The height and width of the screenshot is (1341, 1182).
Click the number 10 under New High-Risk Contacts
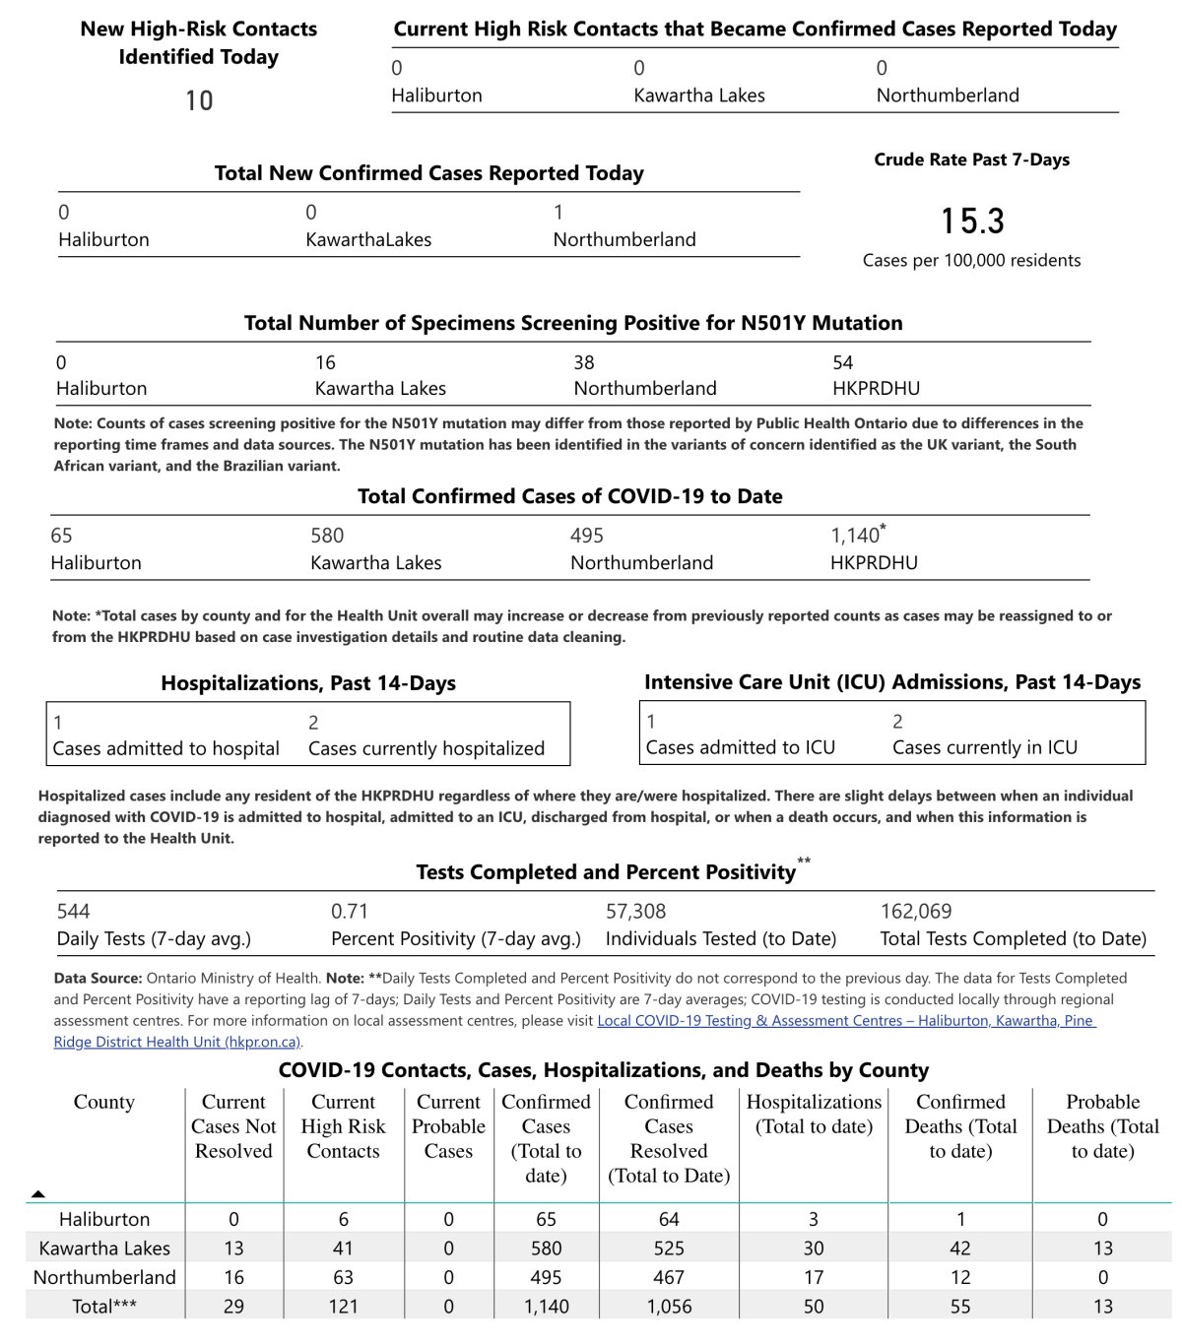click(x=199, y=100)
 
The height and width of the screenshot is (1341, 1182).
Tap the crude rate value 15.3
click(x=972, y=221)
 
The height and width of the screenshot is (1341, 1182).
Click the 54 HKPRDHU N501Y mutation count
click(x=843, y=362)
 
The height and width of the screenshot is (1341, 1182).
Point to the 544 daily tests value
click(x=73, y=912)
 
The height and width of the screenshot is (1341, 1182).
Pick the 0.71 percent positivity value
click(x=350, y=912)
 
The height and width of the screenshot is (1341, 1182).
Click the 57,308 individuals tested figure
click(x=635, y=912)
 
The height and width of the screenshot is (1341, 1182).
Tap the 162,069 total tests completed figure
click(x=916, y=912)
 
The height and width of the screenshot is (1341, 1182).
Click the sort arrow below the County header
click(x=38, y=1194)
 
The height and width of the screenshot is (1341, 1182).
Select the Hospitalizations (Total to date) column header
click(x=814, y=1115)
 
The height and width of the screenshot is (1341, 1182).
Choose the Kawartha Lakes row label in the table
click(x=104, y=1248)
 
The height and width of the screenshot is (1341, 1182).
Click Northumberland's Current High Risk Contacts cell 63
click(x=343, y=1277)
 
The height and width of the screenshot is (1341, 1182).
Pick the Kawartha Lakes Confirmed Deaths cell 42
click(x=960, y=1248)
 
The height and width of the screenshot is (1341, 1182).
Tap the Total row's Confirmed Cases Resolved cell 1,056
click(x=669, y=1307)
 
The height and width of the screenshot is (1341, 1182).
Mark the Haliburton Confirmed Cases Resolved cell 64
click(x=669, y=1219)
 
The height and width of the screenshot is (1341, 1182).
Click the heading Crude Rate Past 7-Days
click(x=971, y=160)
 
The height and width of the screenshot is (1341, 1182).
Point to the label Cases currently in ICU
click(x=984, y=747)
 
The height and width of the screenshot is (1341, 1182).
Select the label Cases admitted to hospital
click(x=165, y=748)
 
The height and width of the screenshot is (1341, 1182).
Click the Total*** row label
click(x=104, y=1307)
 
